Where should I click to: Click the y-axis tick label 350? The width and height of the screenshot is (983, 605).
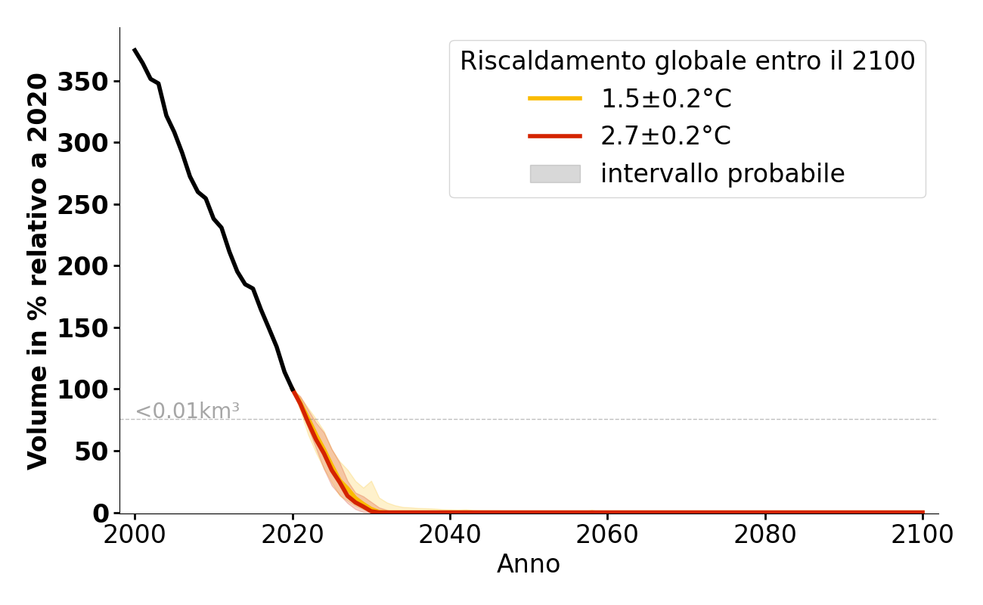pos(83,82)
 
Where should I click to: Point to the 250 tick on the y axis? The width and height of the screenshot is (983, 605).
pos(83,205)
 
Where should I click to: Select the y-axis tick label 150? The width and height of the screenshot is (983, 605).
pos(83,328)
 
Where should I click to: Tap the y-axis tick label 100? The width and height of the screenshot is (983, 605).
pos(83,389)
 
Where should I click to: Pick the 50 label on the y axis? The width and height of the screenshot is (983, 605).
pos(91,451)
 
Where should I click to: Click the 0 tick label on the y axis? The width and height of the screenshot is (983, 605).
pos(101,513)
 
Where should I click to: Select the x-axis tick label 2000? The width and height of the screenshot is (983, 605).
pos(135,535)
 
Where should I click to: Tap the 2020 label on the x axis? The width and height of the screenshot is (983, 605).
pos(293,535)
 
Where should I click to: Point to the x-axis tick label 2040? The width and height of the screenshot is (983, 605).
pos(450,535)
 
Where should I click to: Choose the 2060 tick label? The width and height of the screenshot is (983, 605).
pos(608,535)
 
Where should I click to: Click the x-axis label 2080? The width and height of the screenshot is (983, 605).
pos(765,535)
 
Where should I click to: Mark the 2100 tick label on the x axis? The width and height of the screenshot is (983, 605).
pos(923,535)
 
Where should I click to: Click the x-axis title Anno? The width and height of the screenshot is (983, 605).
pos(529,564)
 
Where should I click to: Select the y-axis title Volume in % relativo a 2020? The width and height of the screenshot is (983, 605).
pos(38,271)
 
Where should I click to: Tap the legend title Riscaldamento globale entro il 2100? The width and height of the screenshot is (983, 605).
pos(687,61)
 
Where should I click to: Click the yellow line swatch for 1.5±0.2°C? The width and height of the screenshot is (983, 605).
pos(555,98)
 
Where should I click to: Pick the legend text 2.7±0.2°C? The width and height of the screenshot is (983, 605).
pos(665,136)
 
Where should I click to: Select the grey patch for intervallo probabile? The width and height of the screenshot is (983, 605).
pos(555,174)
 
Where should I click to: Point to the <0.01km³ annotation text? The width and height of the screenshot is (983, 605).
pos(188,411)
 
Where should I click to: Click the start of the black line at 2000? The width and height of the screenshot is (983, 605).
pos(135,50)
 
